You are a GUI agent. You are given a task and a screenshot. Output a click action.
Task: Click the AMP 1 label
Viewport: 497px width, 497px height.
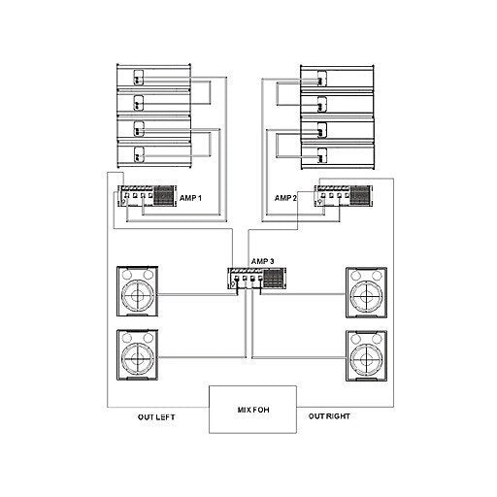point(190,198)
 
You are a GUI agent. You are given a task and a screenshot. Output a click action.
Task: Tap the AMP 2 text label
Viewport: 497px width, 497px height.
point(285,198)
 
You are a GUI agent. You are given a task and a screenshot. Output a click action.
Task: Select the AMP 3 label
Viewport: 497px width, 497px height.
point(262,261)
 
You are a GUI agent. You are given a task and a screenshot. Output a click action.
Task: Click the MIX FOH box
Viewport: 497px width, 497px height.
point(252,410)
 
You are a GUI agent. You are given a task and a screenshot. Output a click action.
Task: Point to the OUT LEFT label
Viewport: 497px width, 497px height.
point(156,417)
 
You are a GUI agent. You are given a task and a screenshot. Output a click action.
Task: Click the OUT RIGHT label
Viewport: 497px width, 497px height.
point(329,416)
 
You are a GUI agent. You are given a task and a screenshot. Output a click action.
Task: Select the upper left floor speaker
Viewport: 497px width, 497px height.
point(138,291)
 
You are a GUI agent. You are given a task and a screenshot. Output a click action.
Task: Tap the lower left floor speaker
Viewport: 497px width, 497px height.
point(138,355)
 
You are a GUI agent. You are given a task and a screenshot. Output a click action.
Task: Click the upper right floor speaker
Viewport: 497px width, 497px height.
point(366,292)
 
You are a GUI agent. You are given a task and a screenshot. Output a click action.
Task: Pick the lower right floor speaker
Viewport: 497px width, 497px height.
point(366,355)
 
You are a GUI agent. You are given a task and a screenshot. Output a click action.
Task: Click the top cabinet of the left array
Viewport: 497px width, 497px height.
point(153,76)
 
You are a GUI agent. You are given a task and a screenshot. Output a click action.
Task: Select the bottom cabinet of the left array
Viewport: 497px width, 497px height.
point(153,154)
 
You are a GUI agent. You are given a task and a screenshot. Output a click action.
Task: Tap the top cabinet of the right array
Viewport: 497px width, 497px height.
point(337,77)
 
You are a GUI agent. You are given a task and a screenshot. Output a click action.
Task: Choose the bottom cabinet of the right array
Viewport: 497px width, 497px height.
point(337,156)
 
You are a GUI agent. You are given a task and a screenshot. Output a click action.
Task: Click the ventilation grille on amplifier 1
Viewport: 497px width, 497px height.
point(164,195)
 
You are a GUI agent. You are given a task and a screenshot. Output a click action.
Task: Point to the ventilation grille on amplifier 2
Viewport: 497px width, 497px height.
point(361,195)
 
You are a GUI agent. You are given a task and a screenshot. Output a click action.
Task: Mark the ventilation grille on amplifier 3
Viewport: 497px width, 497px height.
point(274,278)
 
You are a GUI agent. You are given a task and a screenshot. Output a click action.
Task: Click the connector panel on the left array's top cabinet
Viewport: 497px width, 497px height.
point(139,78)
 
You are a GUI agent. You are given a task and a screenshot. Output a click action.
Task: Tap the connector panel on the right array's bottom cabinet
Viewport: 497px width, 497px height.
point(321,155)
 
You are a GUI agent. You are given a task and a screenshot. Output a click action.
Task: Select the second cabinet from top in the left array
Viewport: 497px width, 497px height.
point(153,102)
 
